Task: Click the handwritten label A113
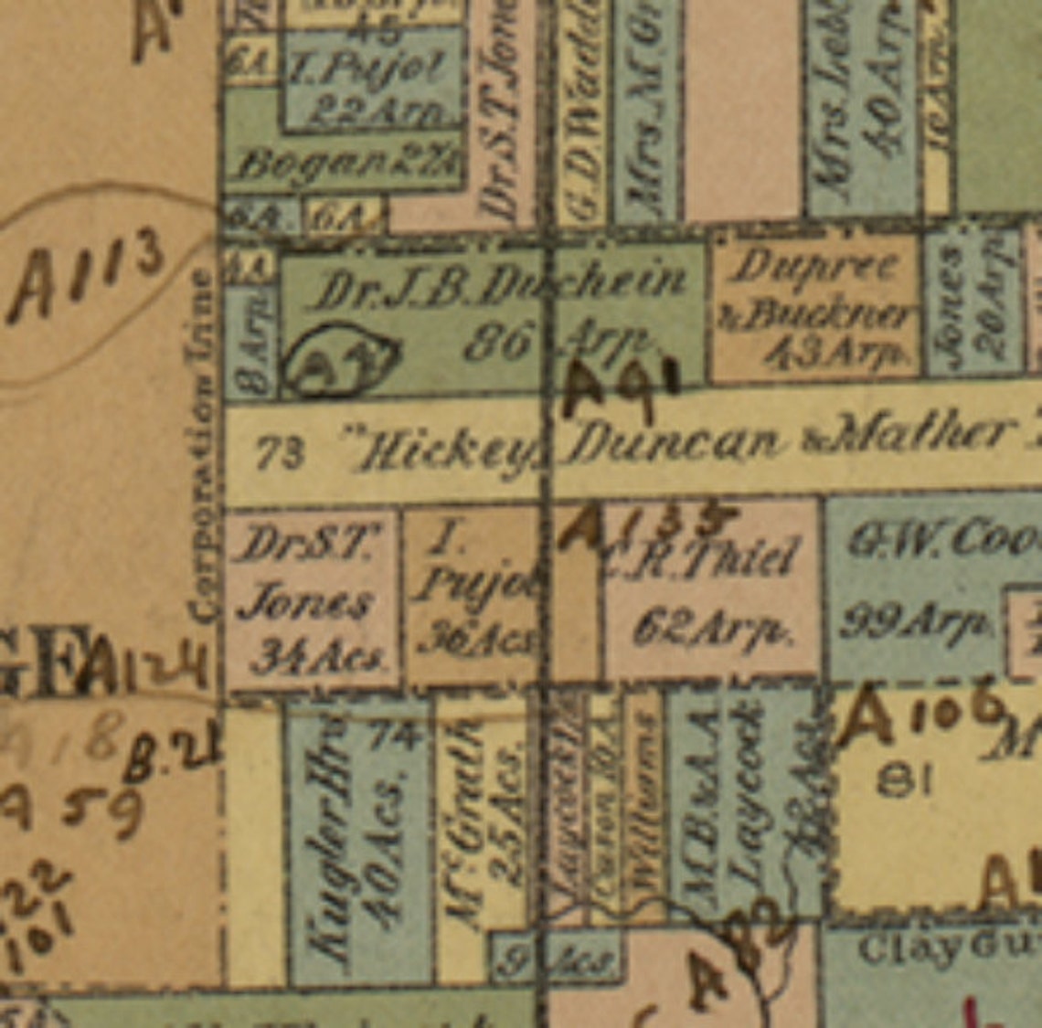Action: click(x=87, y=274)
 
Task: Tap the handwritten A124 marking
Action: click(x=146, y=674)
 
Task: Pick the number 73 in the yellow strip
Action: click(x=279, y=453)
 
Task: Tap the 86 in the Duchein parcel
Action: click(x=497, y=344)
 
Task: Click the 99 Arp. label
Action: click(x=914, y=624)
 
